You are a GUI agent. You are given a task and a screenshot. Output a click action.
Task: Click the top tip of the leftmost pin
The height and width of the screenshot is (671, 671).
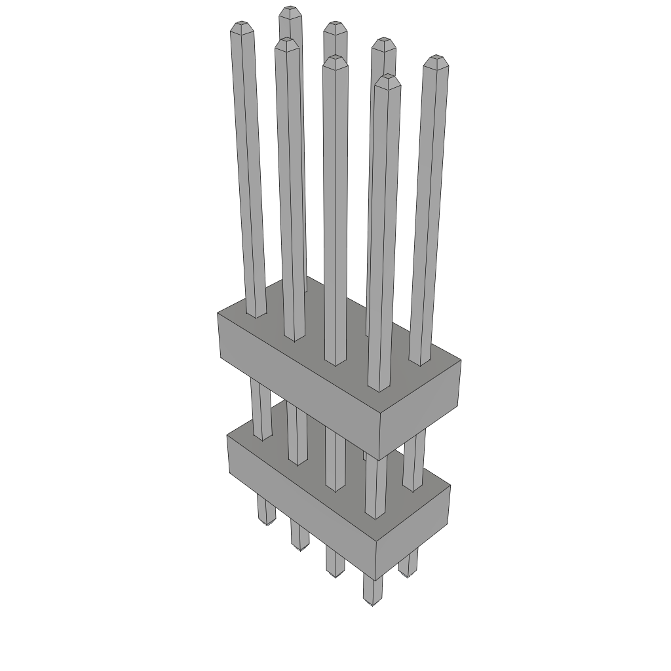(x=241, y=26)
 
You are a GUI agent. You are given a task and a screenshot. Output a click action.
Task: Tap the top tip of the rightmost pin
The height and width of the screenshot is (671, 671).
(x=436, y=61)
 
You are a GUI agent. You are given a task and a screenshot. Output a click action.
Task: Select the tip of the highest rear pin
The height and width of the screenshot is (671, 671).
(x=289, y=11)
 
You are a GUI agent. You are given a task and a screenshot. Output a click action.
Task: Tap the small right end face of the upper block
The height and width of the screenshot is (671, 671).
(x=421, y=410)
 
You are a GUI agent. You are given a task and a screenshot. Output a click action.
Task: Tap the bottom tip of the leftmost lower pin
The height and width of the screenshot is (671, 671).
(x=266, y=523)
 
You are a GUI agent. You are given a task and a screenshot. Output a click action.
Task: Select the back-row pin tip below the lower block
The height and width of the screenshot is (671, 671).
(x=408, y=574)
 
